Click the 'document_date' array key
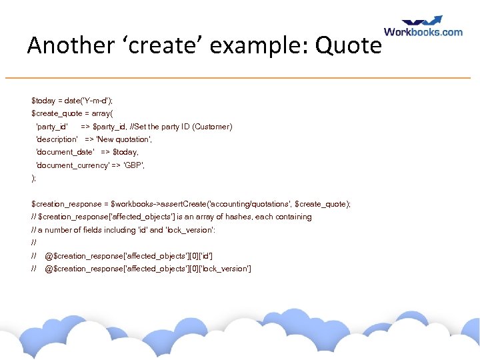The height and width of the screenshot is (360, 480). point(65,153)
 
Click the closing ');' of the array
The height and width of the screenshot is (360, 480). point(34,178)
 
